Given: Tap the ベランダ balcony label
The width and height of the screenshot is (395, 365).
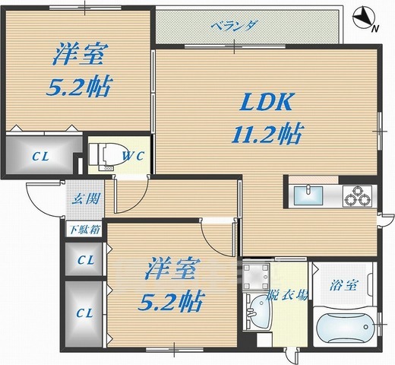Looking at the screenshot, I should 233,24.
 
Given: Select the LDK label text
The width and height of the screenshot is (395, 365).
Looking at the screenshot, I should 266,102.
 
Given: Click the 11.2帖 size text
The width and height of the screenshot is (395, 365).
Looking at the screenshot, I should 265,135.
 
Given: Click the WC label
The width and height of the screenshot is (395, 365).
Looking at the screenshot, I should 134,157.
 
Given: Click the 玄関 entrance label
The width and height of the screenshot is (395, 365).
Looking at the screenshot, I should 82,201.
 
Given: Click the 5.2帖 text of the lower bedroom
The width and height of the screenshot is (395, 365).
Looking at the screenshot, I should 172,301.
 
